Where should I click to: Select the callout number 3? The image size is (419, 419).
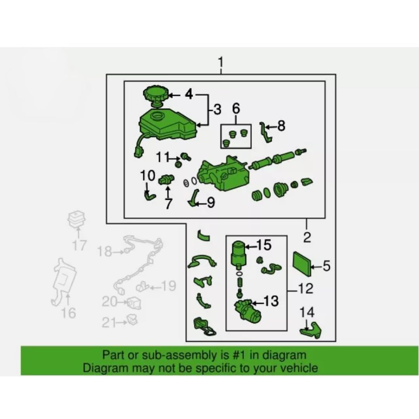(x=217, y=109)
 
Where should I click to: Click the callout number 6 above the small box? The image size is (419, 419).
(x=236, y=109)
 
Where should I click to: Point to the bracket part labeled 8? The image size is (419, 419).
(x=266, y=132)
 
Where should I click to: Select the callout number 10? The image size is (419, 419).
(x=147, y=176)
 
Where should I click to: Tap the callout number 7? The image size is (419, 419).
(x=168, y=204)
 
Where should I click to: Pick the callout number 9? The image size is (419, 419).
(x=211, y=203)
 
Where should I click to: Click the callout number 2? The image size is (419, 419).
(x=307, y=237)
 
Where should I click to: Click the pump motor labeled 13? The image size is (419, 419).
(x=248, y=310)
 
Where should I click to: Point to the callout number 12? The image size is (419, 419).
(x=305, y=288)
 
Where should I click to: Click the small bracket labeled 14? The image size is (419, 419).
(x=310, y=331)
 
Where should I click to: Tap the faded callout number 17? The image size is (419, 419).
(x=80, y=245)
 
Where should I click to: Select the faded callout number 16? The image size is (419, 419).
(x=69, y=313)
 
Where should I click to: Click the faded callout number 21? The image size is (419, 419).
(x=109, y=323)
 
